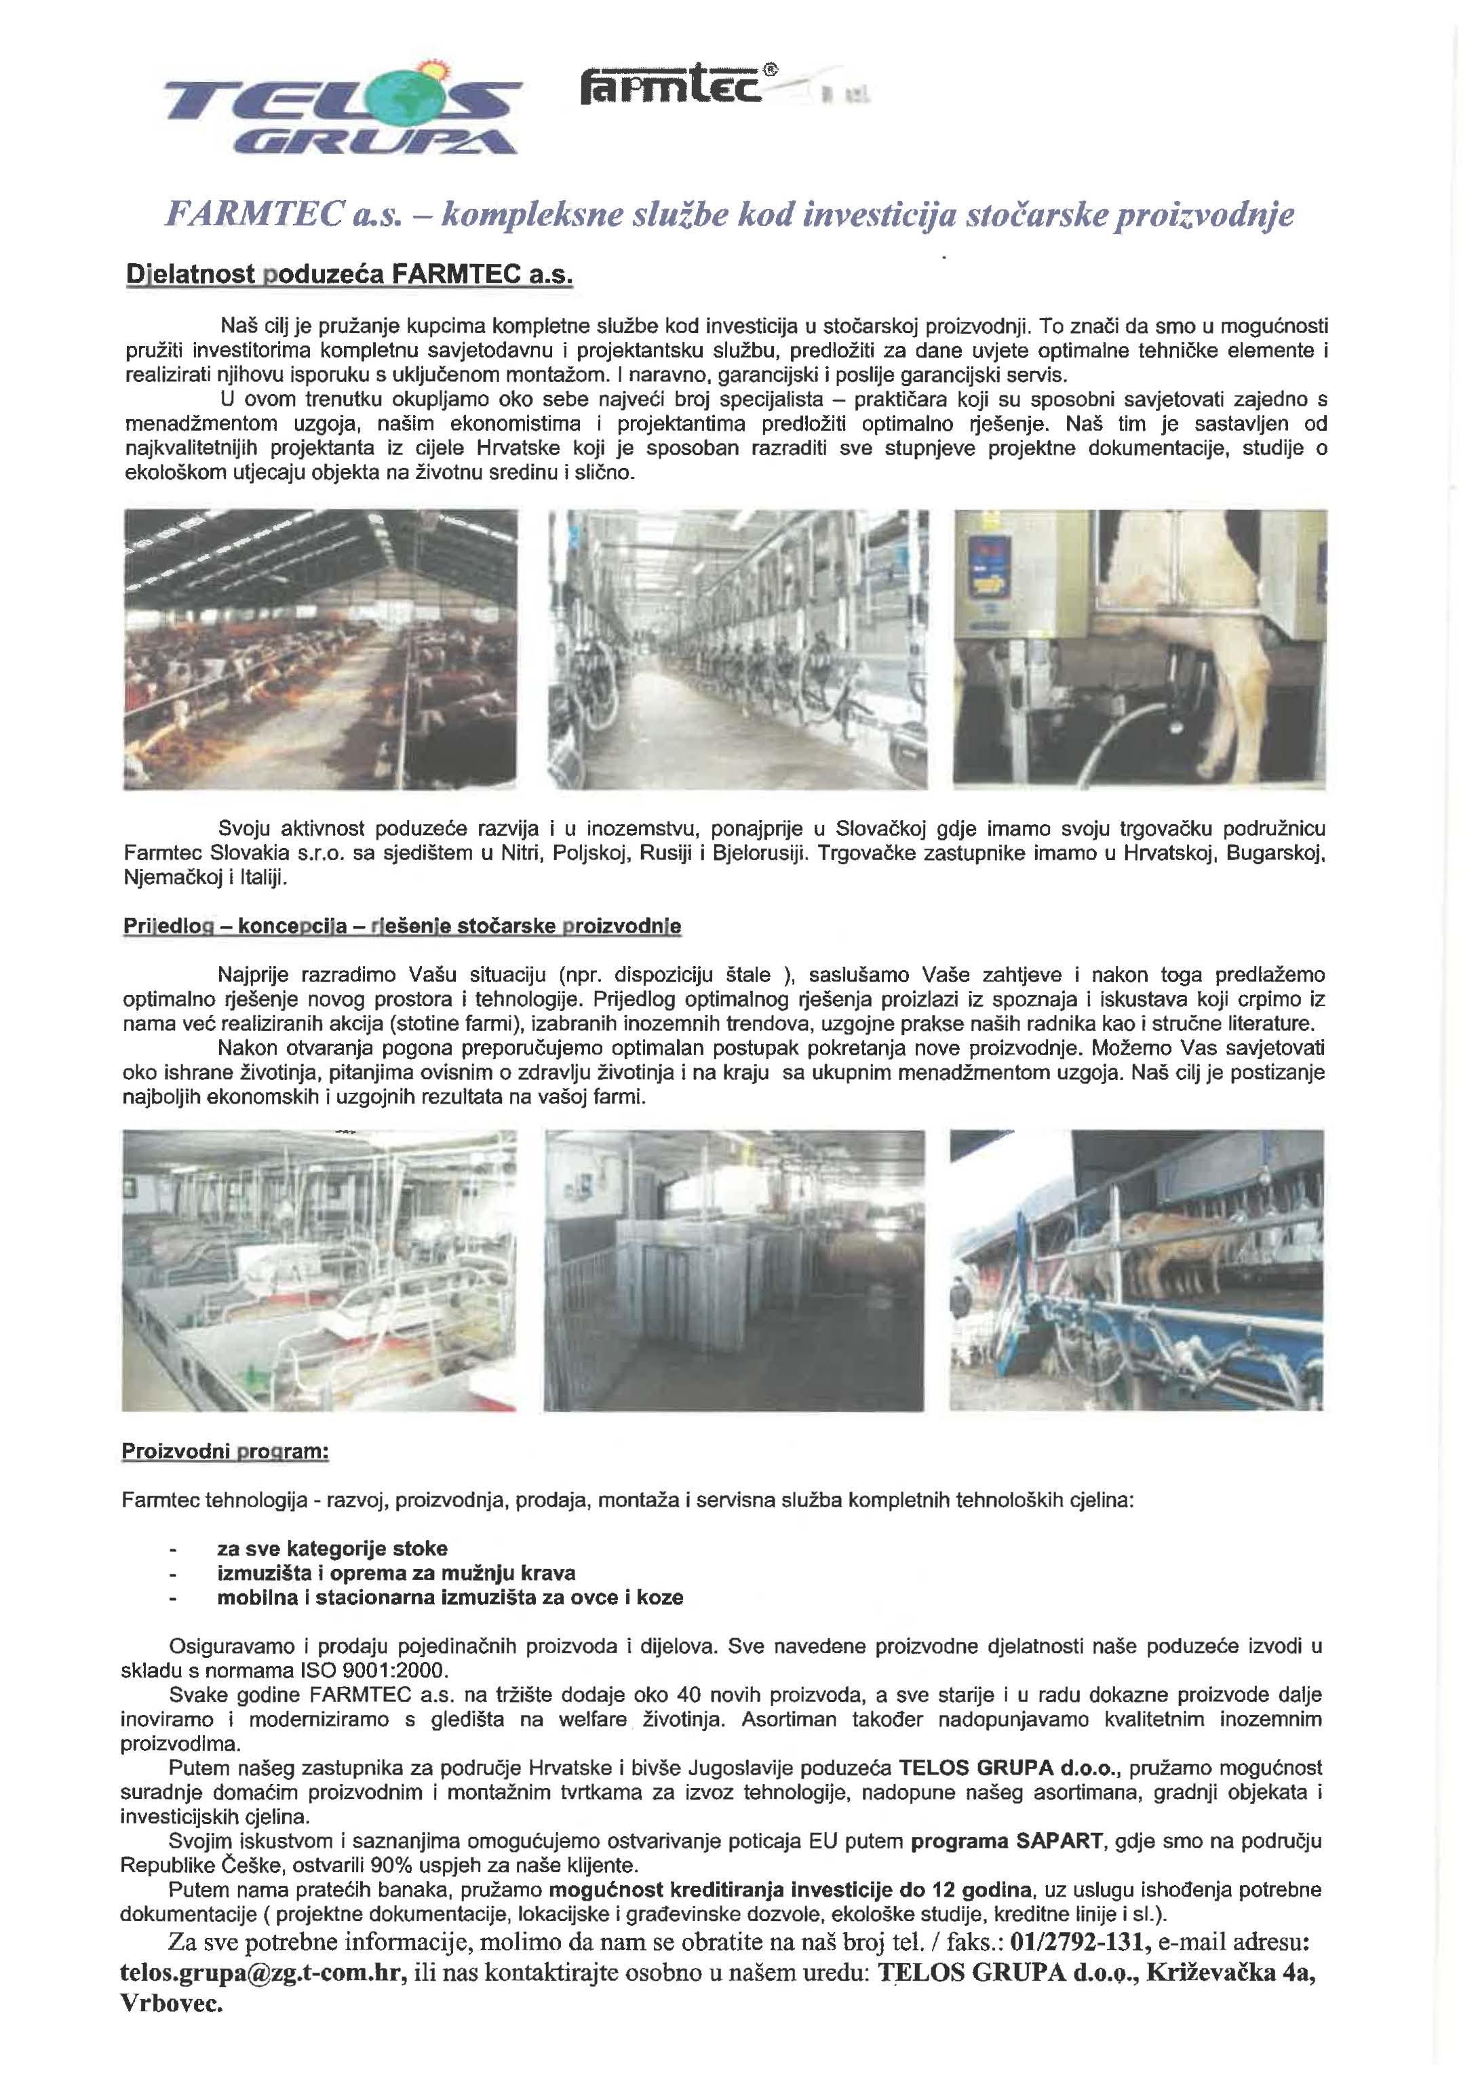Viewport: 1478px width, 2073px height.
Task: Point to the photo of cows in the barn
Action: [320, 649]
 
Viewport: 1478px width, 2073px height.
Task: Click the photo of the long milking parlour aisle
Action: [737, 649]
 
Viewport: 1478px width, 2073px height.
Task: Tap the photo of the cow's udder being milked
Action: [1140, 649]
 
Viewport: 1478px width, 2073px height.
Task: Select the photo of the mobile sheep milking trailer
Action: [1136, 1271]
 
